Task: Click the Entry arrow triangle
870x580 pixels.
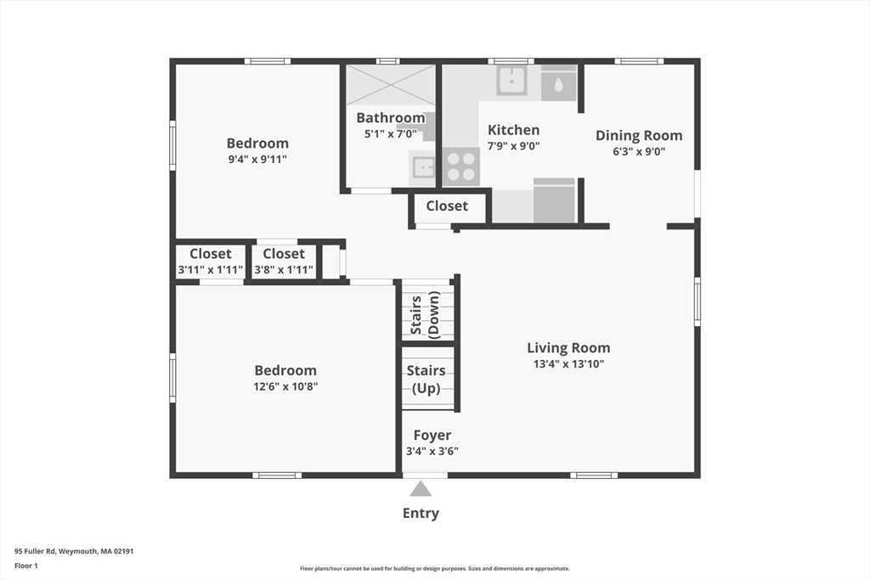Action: pos(421,488)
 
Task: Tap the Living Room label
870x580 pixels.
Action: pos(568,347)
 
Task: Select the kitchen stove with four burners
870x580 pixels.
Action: pos(460,166)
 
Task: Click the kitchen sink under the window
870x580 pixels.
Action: pos(511,81)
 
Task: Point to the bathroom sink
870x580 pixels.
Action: pos(423,167)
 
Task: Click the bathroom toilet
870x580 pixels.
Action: pos(427,126)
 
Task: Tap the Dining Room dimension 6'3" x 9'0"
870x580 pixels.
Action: pos(638,152)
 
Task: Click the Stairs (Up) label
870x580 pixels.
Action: pos(426,379)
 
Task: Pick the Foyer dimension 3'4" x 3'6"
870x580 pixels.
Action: pos(432,451)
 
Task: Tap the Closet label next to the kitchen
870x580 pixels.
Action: pos(447,206)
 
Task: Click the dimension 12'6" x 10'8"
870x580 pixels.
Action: pos(285,386)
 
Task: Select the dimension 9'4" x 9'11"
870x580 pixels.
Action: pos(257,159)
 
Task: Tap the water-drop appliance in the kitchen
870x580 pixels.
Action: pos(558,85)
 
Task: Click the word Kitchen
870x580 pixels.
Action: pos(513,130)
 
